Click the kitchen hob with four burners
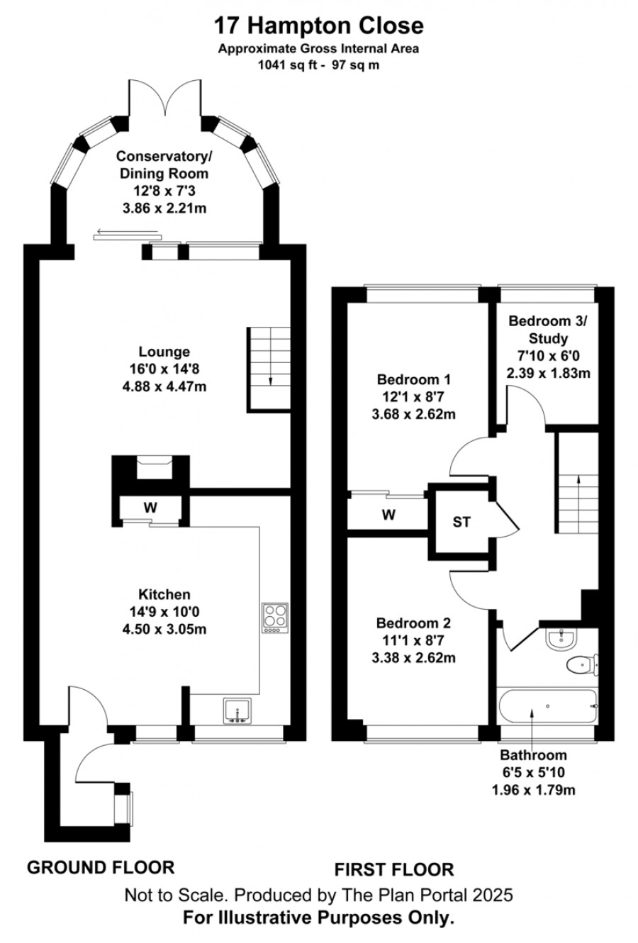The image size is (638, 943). (275, 618)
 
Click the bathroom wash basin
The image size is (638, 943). (561, 640)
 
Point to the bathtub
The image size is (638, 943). (547, 706)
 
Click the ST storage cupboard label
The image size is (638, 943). (461, 522)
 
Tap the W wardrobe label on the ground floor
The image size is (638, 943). (150, 508)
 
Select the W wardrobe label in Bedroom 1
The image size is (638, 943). (388, 515)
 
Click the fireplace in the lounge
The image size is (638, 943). (155, 467)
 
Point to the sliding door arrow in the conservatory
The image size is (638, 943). (128, 231)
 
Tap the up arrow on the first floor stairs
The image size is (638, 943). (578, 504)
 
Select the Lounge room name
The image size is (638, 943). (164, 351)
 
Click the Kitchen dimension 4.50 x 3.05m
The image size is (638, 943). (164, 629)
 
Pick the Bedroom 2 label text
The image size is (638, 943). (414, 623)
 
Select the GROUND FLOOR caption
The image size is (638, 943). (101, 868)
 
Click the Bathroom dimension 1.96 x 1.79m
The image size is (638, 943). (534, 790)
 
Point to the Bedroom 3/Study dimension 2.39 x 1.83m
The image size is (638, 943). (549, 373)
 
